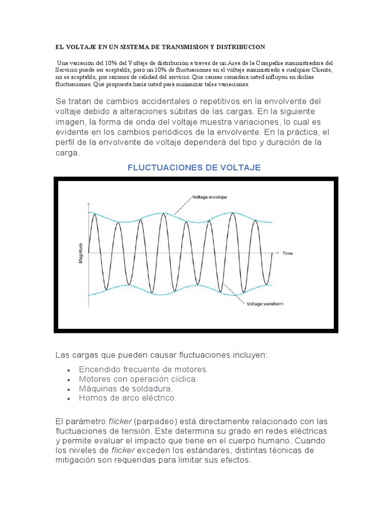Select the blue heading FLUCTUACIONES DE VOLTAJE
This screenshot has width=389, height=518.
point(193,167)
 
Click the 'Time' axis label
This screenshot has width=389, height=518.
point(287,253)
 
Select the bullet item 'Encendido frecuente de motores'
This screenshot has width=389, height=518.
point(143,370)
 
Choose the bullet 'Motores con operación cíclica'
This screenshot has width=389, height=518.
point(138,379)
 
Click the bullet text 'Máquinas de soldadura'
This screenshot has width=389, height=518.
point(126,388)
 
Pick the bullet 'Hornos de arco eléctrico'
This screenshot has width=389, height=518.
point(128,398)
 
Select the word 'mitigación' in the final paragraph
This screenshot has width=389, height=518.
point(75,460)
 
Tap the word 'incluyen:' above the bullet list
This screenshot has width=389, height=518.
point(248,355)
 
